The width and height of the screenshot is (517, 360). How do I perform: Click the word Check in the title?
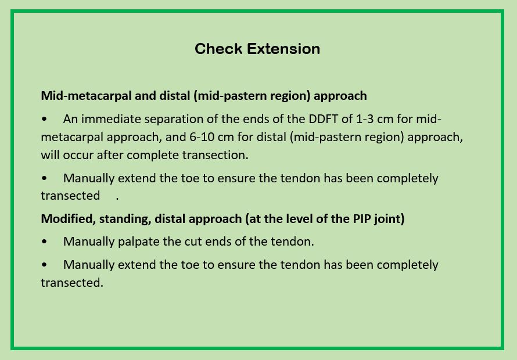(218, 49)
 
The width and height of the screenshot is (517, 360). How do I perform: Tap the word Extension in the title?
(283, 49)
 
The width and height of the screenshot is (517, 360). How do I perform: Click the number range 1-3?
(365, 118)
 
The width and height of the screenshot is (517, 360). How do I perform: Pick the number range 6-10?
(200, 137)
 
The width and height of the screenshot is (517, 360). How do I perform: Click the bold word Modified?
(68, 219)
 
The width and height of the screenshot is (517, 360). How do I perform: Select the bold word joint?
(389, 219)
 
